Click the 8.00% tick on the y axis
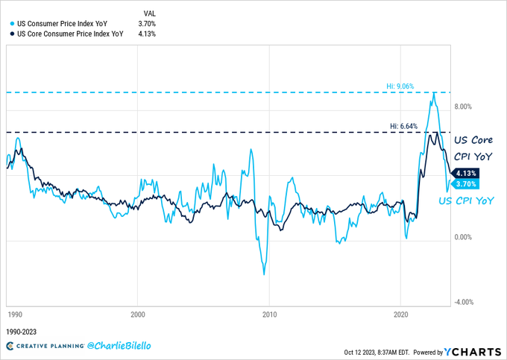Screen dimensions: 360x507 [463, 107]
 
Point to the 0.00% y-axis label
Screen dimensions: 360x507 [463, 237]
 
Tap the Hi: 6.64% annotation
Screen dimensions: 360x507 [404, 126]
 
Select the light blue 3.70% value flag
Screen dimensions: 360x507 [465, 184]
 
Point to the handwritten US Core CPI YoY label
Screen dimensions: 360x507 [473, 148]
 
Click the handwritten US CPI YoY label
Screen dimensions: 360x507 [466, 201]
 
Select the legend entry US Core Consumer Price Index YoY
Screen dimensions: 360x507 [70, 34]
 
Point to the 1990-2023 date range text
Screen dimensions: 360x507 [22, 332]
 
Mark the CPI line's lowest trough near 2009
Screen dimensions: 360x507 [264, 274]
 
